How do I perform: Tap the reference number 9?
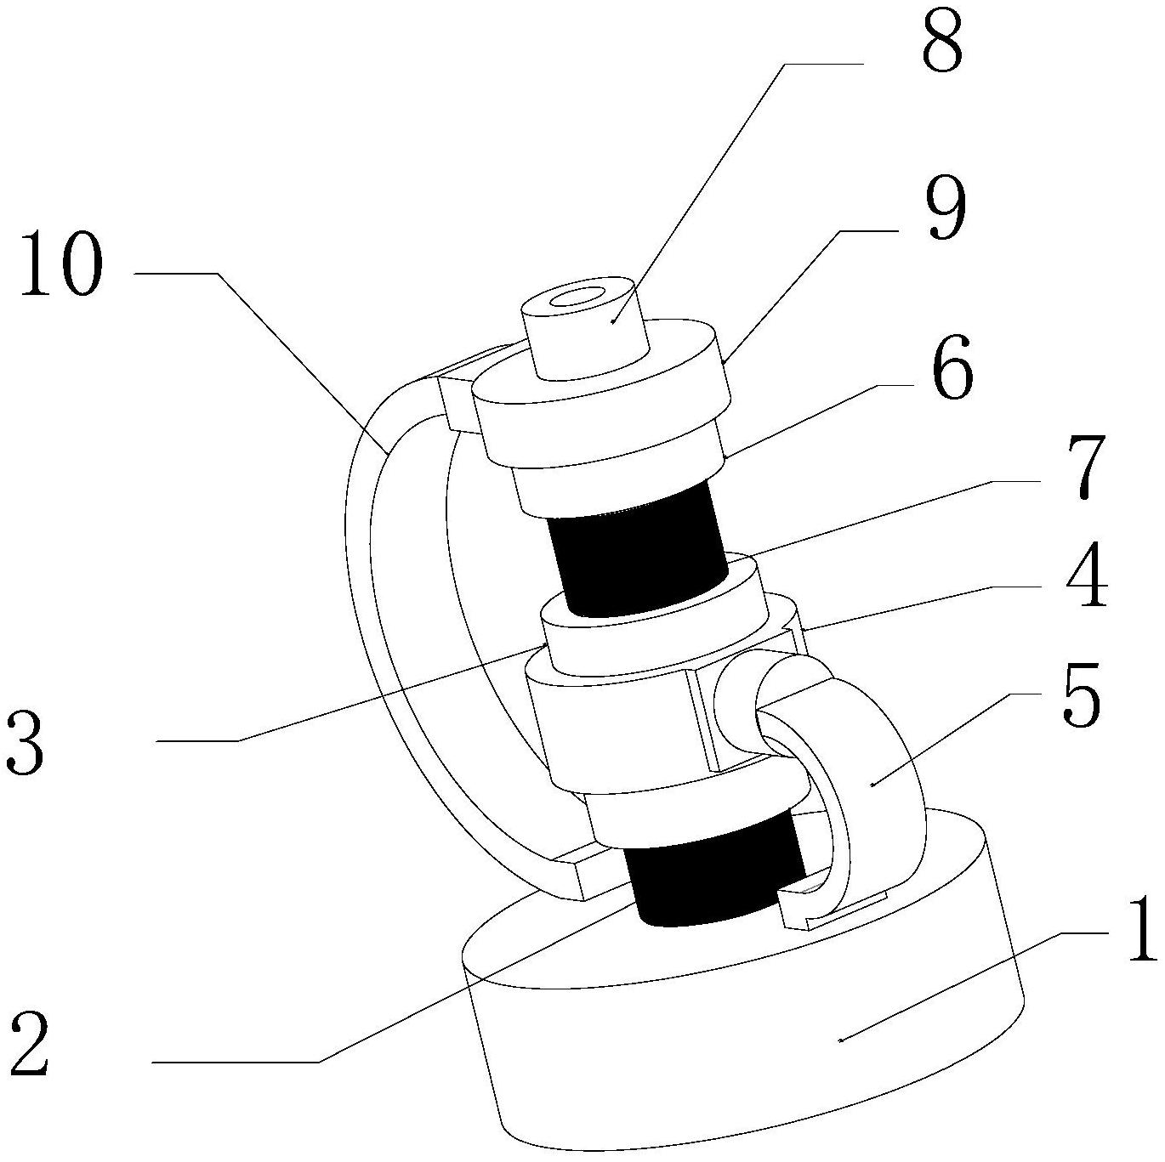click(x=944, y=202)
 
